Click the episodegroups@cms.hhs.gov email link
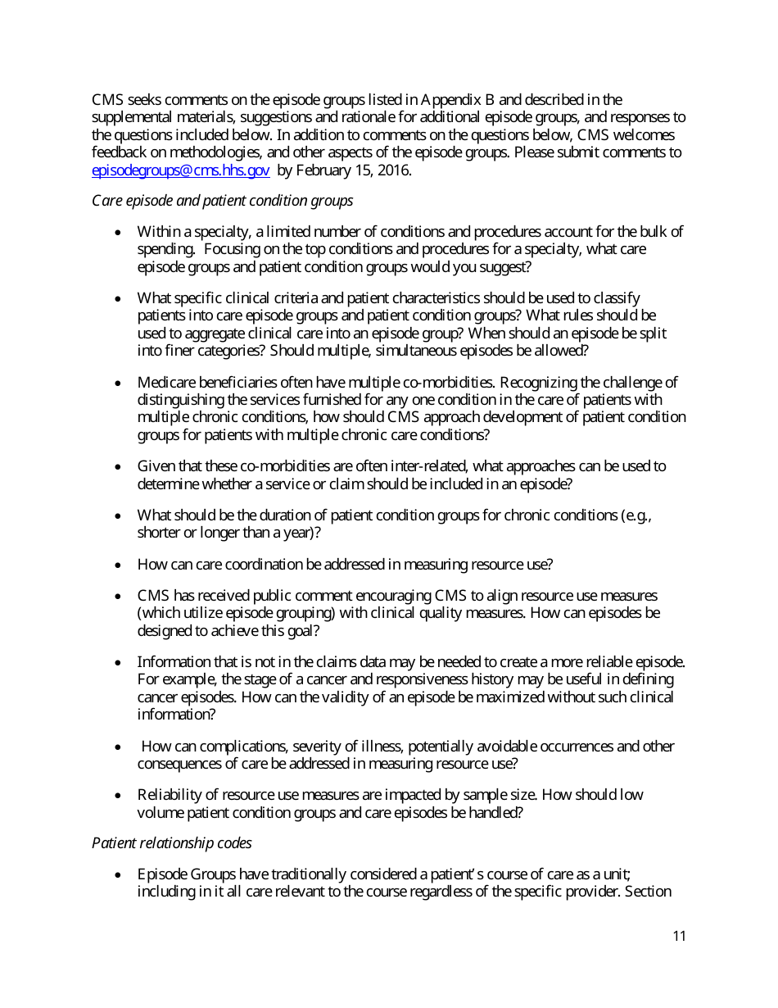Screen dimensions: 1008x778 (180, 170)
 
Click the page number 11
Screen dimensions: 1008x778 (679, 937)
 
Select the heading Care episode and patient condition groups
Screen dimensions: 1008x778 (222, 200)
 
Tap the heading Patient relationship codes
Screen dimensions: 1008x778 (171, 842)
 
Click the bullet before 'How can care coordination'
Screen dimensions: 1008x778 (120, 565)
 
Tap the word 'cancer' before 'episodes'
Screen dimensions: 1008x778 (156, 697)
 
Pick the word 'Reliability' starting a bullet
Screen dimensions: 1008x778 (167, 795)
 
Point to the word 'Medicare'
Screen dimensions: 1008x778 (165, 383)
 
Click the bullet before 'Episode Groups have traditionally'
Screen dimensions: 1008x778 (120, 874)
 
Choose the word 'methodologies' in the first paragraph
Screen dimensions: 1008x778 (192, 153)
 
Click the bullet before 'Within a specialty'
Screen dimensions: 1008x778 (120, 233)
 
